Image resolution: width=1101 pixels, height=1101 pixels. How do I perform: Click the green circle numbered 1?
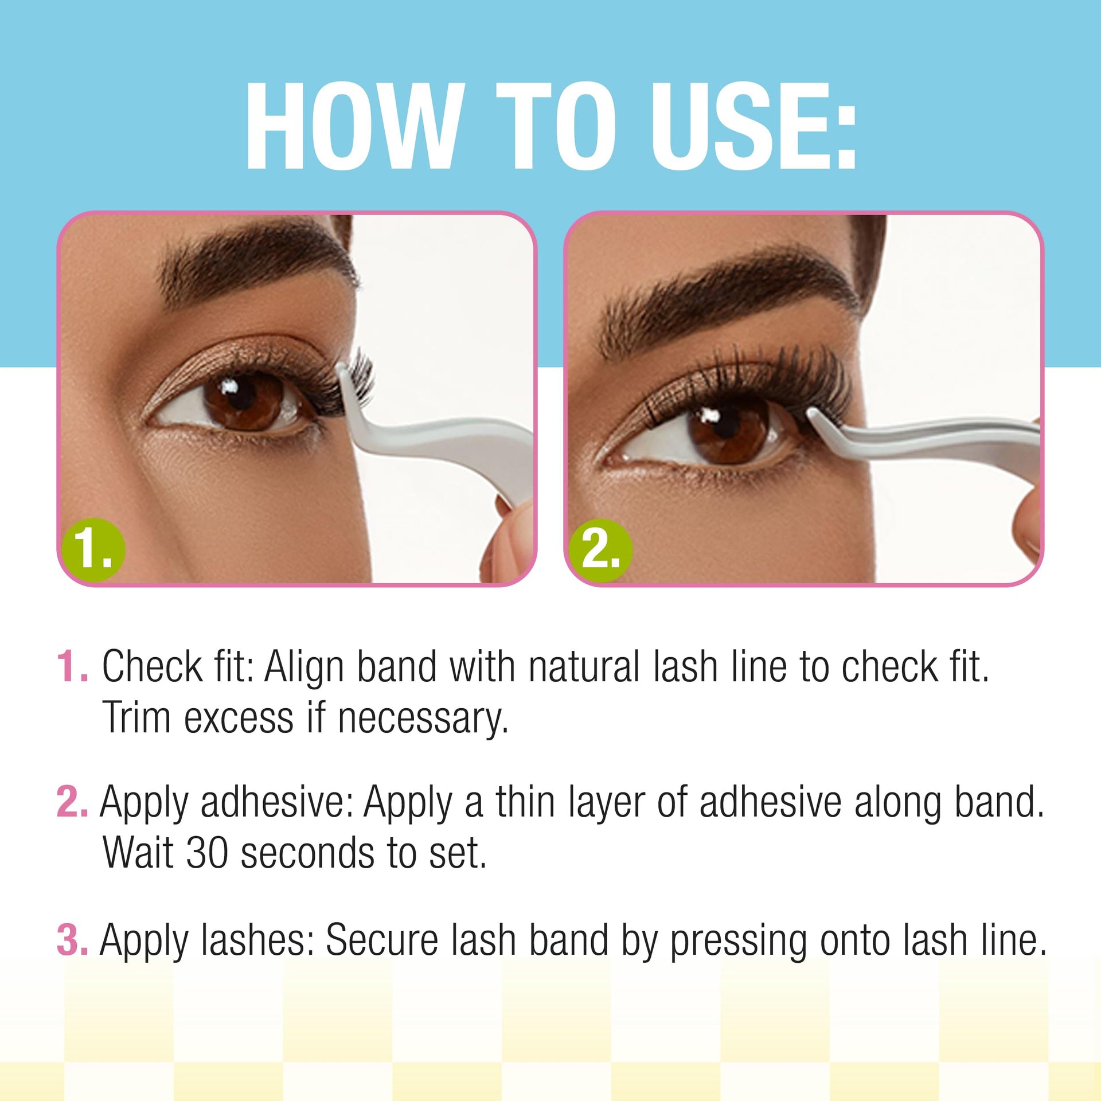pos(93,549)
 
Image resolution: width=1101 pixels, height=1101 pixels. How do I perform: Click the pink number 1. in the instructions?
pos(73,666)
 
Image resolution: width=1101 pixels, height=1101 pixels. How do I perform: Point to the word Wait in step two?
pos(138,853)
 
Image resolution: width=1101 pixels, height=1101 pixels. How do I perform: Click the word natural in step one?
pos(584,666)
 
